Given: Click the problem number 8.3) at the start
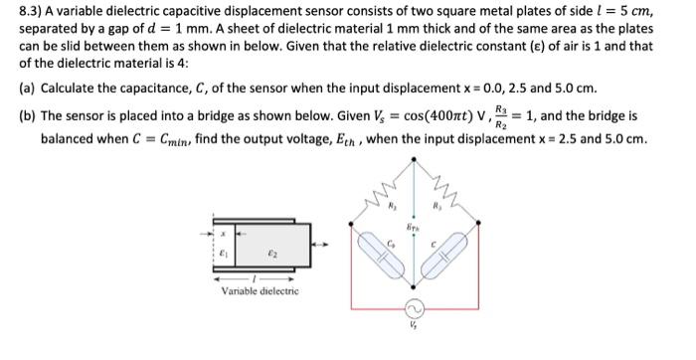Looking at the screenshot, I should tap(32, 13).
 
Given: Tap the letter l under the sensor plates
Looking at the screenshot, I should tap(258, 277).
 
